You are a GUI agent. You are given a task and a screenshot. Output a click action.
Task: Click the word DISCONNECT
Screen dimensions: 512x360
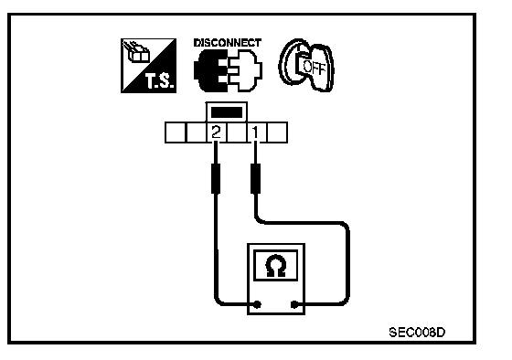tap(228, 43)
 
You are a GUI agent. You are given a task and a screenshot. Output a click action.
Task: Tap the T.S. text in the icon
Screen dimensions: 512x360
tap(159, 81)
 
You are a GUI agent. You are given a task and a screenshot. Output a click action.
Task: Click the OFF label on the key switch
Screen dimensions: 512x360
tap(315, 68)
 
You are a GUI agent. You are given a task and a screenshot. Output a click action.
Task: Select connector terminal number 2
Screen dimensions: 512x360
tap(216, 132)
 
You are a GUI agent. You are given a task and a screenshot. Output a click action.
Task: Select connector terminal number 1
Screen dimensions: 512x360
tap(256, 132)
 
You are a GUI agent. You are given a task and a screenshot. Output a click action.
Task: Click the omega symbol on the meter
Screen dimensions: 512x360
tap(276, 266)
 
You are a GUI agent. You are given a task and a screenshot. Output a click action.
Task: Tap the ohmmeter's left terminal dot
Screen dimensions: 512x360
tap(257, 304)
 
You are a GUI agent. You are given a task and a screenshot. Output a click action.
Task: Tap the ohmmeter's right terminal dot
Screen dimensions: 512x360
tap(294, 304)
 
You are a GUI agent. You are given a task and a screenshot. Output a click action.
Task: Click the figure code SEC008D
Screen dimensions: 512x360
tap(417, 333)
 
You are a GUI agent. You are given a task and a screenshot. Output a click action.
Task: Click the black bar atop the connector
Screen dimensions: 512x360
tap(227, 112)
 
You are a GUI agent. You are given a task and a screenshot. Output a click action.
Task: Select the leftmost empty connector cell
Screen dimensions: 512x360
tap(175, 132)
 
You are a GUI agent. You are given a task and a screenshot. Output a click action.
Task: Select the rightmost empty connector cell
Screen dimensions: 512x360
tap(277, 132)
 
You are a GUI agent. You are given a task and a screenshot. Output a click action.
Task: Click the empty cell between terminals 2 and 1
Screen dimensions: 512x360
tap(236, 132)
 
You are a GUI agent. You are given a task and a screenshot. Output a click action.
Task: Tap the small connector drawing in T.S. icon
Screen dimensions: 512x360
tap(136, 52)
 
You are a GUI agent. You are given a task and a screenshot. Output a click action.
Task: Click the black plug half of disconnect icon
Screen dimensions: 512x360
tap(208, 70)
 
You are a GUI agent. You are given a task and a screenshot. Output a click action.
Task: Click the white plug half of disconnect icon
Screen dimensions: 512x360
tap(246, 70)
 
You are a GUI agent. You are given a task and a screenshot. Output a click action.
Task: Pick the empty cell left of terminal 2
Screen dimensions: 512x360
tap(196, 132)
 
